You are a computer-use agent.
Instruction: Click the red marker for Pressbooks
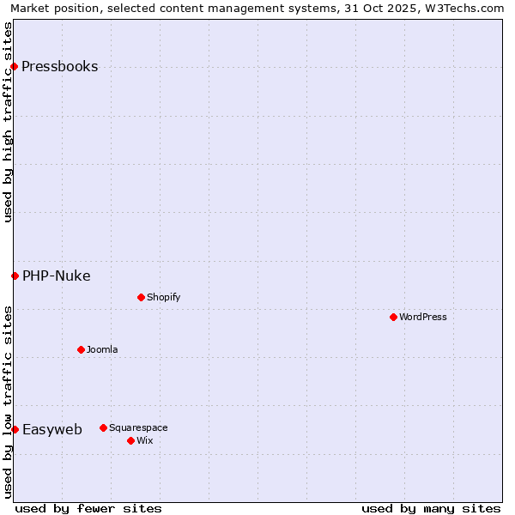[x=15, y=67]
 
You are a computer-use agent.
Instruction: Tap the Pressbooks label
[x=59, y=67]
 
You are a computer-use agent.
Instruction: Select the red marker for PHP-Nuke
[x=15, y=276]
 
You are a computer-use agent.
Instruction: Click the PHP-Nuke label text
[x=56, y=276]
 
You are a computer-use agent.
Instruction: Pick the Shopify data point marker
[x=141, y=298]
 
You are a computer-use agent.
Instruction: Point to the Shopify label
[x=163, y=298]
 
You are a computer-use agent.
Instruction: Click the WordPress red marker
[x=393, y=318]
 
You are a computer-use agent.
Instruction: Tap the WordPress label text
[x=422, y=318]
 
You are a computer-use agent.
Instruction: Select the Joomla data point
[x=81, y=349]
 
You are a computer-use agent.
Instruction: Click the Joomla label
[x=102, y=349]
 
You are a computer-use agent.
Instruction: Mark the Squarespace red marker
[x=103, y=427]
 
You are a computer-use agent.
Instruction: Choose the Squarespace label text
[x=138, y=427]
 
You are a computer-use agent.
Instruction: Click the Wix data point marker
[x=130, y=440]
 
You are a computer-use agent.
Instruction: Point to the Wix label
[x=144, y=440]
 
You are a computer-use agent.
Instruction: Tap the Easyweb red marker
[x=15, y=429]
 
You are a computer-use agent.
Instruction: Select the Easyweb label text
[x=51, y=429]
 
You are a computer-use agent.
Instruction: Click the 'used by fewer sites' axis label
[x=88, y=508]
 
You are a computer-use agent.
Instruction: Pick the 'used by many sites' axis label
[x=431, y=508]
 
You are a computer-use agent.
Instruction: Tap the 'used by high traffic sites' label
[x=9, y=122]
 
